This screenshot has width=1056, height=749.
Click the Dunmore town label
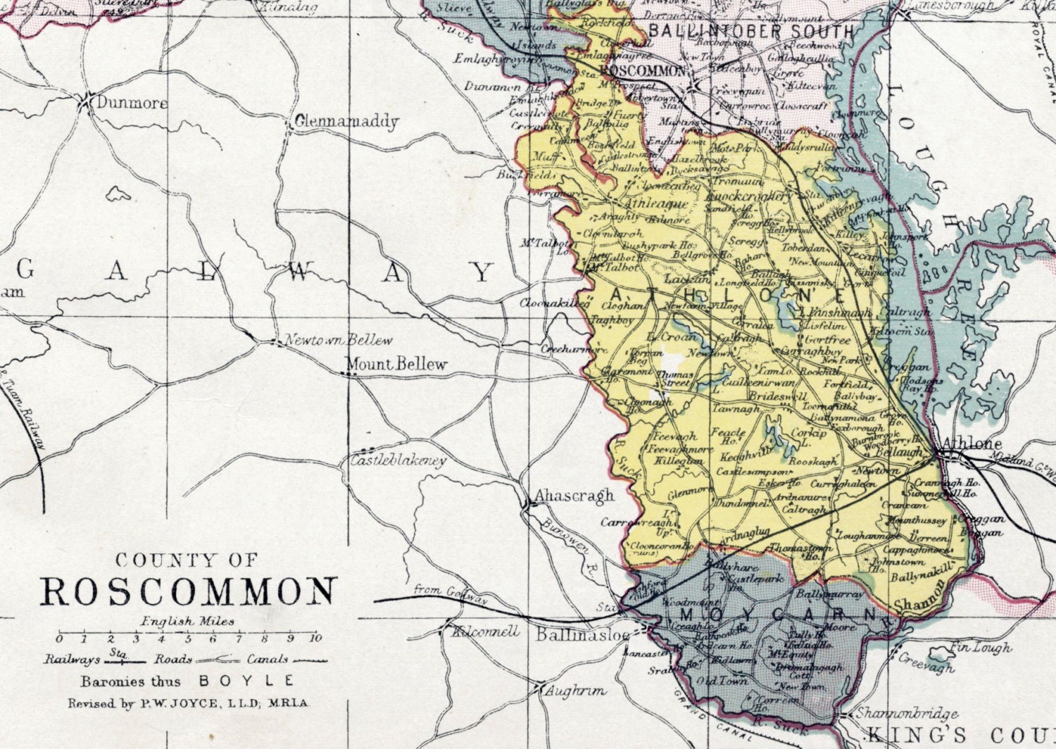pos(132,103)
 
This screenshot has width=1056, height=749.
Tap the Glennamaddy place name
pos(346,122)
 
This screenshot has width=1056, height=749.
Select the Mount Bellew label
pos(396,364)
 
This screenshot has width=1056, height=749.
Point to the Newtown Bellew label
pos(338,341)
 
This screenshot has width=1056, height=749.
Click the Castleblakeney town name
pos(398,461)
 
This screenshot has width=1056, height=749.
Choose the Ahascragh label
pos(574,496)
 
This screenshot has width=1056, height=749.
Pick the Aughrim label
pos(575,691)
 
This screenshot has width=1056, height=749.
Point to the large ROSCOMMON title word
pos(188,592)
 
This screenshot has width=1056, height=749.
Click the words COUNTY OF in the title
pos(187,560)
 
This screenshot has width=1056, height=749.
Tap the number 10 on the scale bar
pos(315,638)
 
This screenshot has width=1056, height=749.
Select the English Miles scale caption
pos(187,622)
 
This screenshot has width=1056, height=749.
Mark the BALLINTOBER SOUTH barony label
pos(750,31)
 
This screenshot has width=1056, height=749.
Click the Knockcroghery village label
pos(748,196)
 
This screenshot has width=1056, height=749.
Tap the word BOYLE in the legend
pos(246,681)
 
